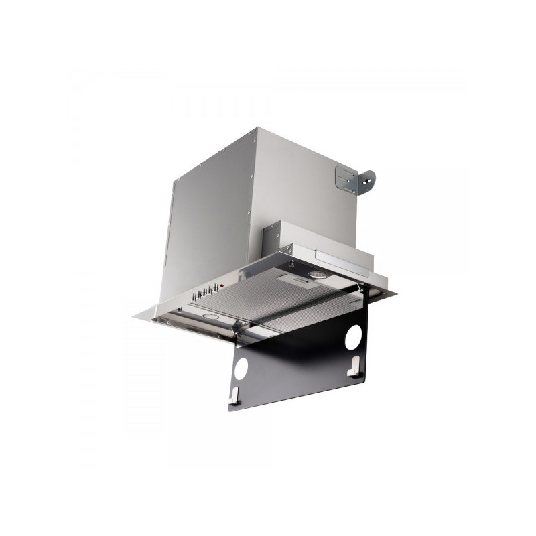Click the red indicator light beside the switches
tap(221, 285)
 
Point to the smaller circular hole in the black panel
tap(241, 366)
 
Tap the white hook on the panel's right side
tap(354, 366)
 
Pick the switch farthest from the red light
tap(194, 297)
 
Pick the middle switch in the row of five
tap(204, 293)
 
